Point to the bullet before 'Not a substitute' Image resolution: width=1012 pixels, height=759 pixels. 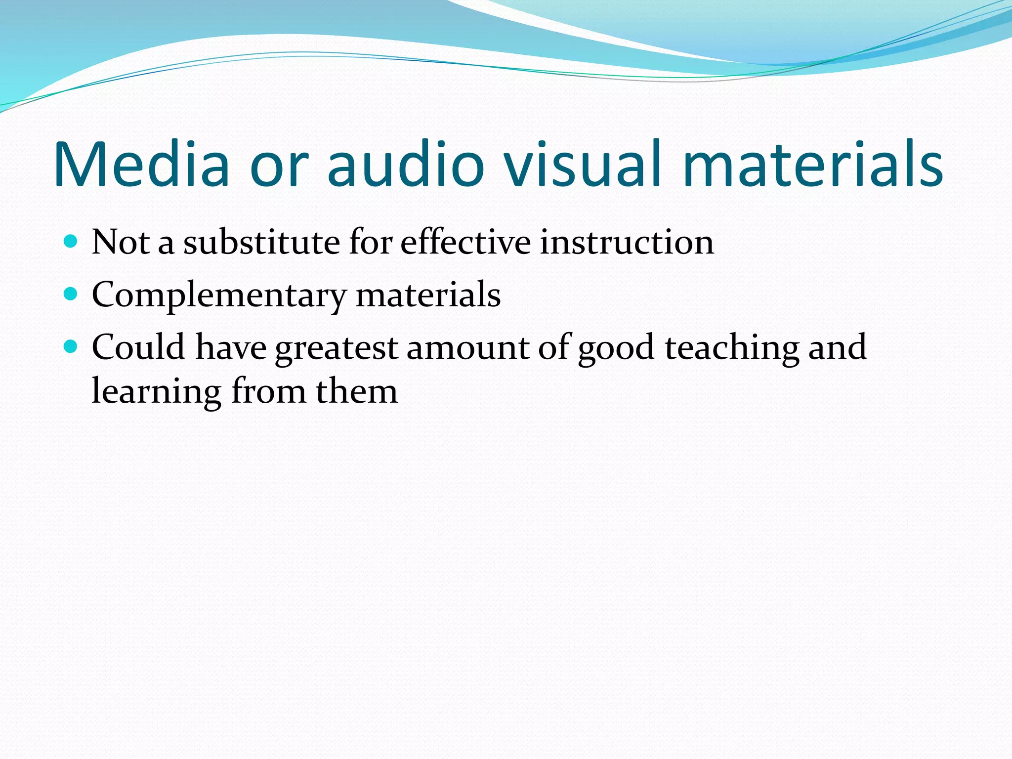point(71,242)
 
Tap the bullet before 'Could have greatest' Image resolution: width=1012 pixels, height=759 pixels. point(71,347)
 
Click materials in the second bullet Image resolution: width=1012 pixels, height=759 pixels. point(428,295)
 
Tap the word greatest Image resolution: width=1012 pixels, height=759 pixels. point(337,348)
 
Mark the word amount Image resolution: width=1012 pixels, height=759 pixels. point(467,347)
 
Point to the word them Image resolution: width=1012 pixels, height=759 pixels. point(356,391)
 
